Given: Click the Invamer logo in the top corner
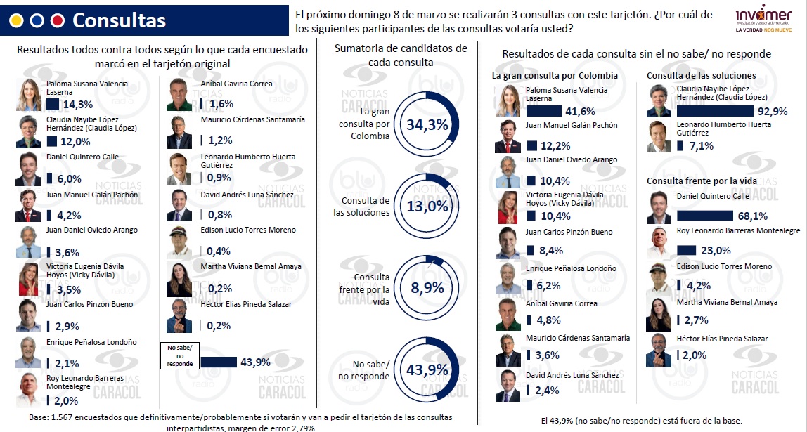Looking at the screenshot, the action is [x=763, y=20].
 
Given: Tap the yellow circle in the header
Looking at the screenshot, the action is [x=16, y=20].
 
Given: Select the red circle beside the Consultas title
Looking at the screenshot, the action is [x=58, y=20].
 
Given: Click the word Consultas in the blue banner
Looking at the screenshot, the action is [x=120, y=20].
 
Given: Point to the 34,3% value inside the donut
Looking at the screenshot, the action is [x=427, y=124].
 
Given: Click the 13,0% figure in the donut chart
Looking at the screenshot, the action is [x=427, y=206].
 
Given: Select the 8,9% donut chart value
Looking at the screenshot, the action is [x=427, y=287].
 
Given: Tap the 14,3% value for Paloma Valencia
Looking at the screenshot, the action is [x=78, y=105].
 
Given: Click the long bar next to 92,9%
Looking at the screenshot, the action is [x=715, y=111].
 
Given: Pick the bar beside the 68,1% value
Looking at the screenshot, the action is [x=704, y=216].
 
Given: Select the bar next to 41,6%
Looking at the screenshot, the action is [x=543, y=111].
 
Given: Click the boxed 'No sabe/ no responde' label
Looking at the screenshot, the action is [x=180, y=355].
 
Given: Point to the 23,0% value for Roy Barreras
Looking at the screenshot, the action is [x=716, y=251].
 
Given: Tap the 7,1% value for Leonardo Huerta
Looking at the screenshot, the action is [x=702, y=146].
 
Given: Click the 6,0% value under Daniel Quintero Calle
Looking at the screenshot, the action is [x=70, y=179].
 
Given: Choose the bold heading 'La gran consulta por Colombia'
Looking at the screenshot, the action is [x=555, y=76].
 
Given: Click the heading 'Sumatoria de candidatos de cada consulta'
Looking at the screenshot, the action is [x=401, y=55].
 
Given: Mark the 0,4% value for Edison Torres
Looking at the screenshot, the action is [x=219, y=251].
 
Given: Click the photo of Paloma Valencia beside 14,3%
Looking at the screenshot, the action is [x=28, y=95].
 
